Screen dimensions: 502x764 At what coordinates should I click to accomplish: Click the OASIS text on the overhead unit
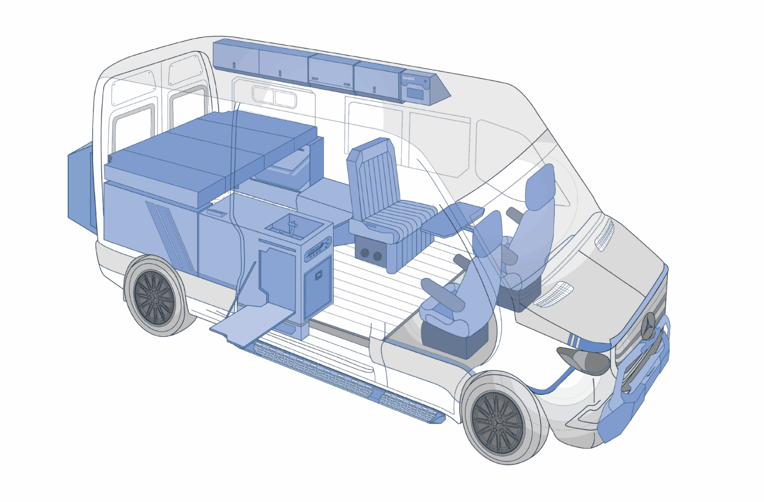point(408,78)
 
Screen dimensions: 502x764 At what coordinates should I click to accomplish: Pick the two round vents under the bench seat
point(371,254)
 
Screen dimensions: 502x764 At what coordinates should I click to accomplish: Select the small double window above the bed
point(274,97)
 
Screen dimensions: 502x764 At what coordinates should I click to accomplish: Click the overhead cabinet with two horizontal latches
point(330,72)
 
